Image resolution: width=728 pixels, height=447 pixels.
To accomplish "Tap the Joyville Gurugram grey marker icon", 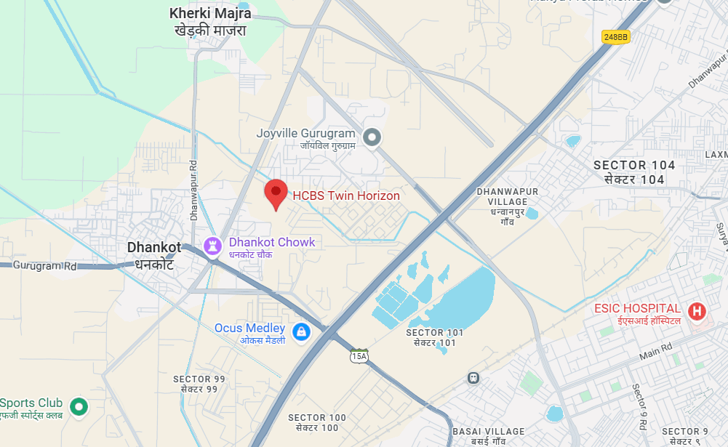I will (372, 137).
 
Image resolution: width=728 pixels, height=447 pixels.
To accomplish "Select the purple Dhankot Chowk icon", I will (212, 246).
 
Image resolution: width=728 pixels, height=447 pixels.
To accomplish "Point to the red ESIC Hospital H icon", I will (697, 312).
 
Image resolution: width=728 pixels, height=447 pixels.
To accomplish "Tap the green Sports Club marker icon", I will (78, 406).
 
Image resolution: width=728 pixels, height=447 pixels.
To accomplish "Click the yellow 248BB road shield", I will (616, 36).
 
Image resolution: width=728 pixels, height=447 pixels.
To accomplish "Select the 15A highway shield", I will (359, 356).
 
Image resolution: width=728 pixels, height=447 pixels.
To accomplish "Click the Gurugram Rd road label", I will (44, 266).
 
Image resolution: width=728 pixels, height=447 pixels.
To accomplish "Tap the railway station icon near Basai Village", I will (473, 378).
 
